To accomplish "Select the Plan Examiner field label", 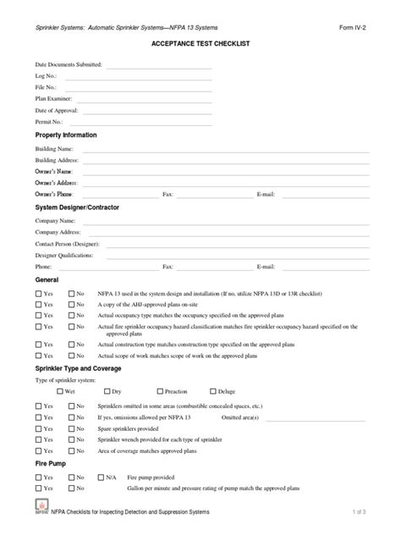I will [x=52, y=99].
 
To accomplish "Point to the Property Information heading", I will [x=66, y=135].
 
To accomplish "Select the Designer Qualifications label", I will [x=63, y=255].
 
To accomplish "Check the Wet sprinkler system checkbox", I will [x=59, y=393].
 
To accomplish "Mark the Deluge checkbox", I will [x=211, y=393].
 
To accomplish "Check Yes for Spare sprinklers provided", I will [x=39, y=430].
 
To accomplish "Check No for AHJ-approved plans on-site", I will [x=71, y=304].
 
